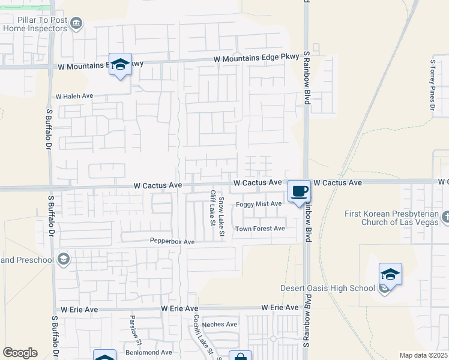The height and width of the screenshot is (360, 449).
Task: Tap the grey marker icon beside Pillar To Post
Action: click(x=76, y=23)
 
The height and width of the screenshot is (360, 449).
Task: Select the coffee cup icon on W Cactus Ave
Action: click(x=300, y=191)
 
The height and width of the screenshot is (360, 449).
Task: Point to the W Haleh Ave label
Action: click(x=74, y=96)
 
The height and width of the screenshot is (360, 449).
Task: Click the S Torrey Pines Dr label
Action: click(x=432, y=85)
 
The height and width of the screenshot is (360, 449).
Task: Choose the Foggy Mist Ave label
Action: click(x=259, y=204)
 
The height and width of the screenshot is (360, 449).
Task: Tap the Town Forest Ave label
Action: click(x=260, y=229)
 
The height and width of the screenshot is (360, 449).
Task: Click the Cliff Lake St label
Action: click(x=212, y=208)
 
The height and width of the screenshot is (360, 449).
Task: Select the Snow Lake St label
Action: click(x=221, y=216)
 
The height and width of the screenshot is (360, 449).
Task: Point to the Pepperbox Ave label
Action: click(x=172, y=241)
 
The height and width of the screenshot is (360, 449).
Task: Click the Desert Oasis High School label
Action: click(x=328, y=288)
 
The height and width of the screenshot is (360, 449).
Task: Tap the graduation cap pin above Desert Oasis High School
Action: click(x=390, y=274)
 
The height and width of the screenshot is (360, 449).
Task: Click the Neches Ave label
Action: click(x=220, y=324)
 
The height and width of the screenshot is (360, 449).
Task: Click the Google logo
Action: click(x=20, y=353)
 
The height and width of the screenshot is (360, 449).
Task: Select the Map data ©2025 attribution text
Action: click(x=423, y=355)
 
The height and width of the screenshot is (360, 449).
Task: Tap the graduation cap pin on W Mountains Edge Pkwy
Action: click(x=121, y=65)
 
